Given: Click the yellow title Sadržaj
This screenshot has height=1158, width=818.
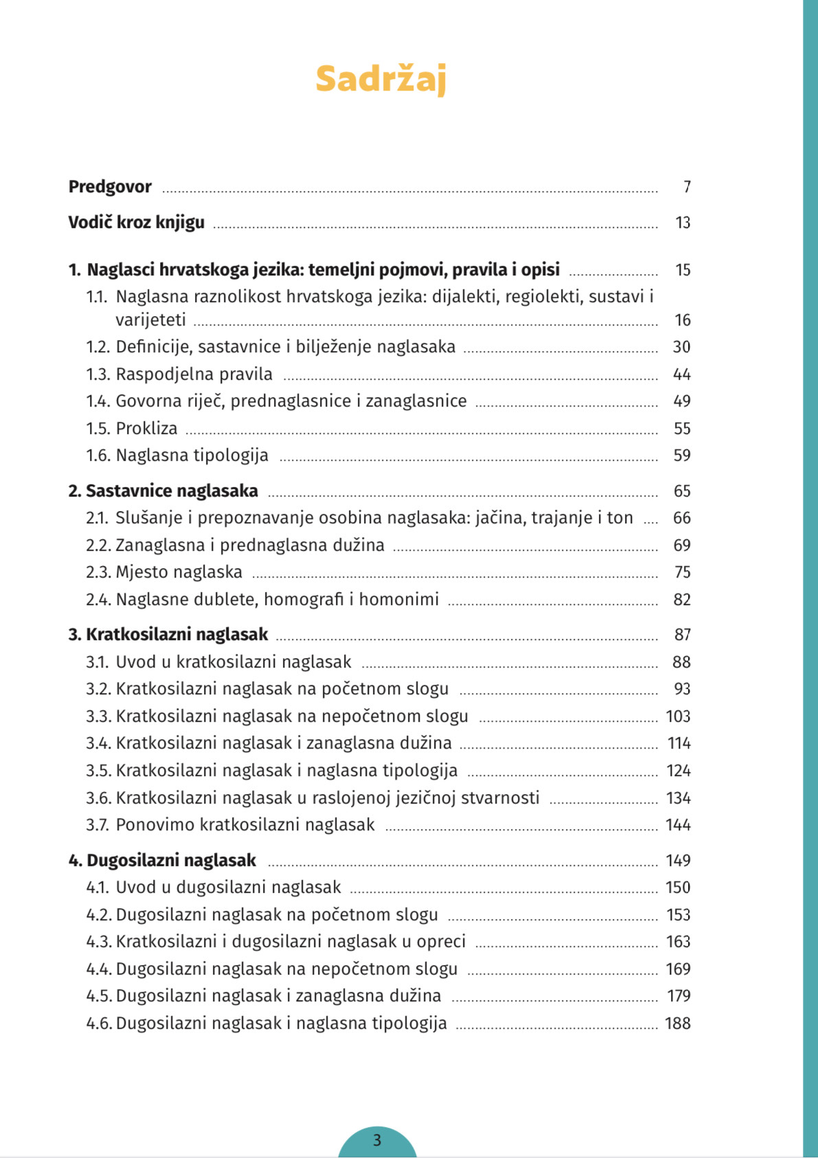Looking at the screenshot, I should (380, 79).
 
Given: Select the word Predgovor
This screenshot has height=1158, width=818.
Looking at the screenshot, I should (110, 187).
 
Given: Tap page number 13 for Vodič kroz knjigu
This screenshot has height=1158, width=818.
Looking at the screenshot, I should (682, 223).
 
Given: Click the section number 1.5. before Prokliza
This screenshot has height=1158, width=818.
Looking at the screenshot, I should (98, 429).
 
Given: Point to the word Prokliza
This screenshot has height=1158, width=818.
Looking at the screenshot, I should (146, 429).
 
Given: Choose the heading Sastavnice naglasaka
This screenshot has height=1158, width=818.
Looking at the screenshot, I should (172, 491).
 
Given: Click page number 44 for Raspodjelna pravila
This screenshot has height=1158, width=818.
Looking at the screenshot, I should (681, 374).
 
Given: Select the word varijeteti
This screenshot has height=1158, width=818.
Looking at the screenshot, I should (150, 320).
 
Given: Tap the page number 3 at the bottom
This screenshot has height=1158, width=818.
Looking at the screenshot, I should (377, 1140).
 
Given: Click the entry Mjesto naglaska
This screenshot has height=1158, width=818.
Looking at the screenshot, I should (179, 572).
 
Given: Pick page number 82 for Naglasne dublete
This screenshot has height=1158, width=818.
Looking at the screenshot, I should (681, 600).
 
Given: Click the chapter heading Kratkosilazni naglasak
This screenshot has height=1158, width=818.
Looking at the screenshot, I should (177, 635).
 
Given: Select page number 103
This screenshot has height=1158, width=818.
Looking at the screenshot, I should (678, 716).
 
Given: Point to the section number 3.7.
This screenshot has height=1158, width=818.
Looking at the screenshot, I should (98, 825).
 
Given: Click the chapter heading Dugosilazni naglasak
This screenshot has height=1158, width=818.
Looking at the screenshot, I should (171, 861).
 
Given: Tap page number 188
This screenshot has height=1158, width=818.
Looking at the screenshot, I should (677, 1023).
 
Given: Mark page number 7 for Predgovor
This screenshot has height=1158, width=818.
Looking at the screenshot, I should (687, 187).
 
